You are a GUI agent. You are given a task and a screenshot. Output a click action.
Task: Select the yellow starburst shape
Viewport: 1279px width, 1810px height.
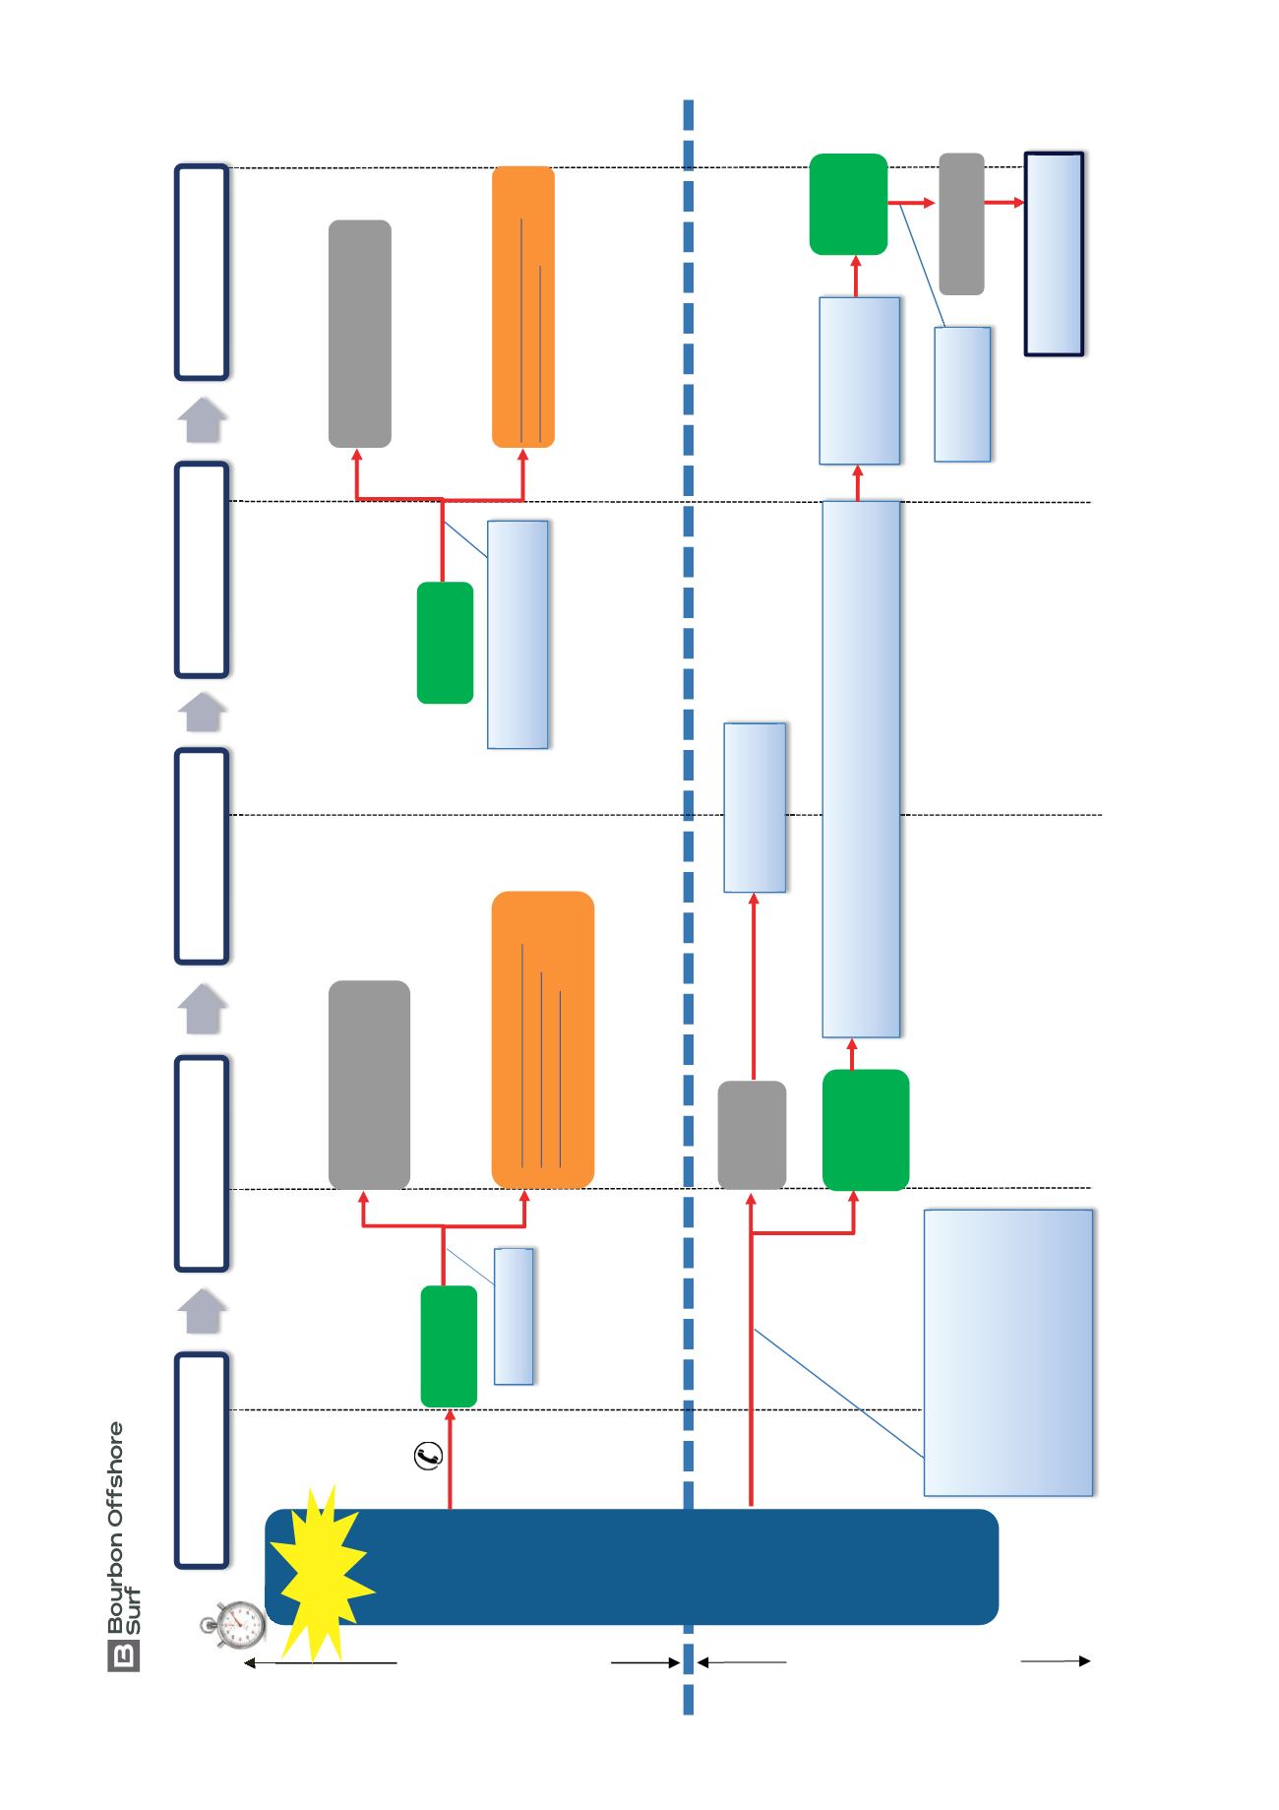pyautogui.click(x=322, y=1572)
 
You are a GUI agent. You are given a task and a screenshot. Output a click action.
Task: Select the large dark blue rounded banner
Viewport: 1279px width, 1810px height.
pyautogui.click(x=632, y=1566)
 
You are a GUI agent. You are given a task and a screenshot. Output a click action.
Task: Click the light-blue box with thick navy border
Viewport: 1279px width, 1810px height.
pyautogui.click(x=1054, y=254)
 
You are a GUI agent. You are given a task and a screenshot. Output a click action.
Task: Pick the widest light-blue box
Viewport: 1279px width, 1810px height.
pyautogui.click(x=1008, y=1352)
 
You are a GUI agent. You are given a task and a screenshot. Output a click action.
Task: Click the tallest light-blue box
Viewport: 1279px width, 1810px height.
pyautogui.click(x=861, y=769)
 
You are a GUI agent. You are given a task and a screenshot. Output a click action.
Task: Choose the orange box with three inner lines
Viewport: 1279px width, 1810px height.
pyautogui.click(x=542, y=1039)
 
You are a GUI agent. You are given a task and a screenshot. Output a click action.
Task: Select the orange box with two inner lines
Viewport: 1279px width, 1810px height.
pyautogui.click(x=522, y=307)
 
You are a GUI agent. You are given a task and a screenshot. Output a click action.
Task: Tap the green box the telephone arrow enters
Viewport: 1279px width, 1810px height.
pyautogui.click(x=449, y=1346)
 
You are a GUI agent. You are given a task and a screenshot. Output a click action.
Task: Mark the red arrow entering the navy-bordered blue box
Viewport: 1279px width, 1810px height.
pyautogui.click(x=1004, y=203)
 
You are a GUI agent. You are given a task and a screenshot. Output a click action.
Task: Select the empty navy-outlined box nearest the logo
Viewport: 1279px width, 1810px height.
pyautogui.click(x=202, y=1460)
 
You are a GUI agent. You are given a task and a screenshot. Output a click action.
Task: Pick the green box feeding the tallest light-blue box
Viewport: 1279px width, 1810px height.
pyautogui.click(x=865, y=1130)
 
